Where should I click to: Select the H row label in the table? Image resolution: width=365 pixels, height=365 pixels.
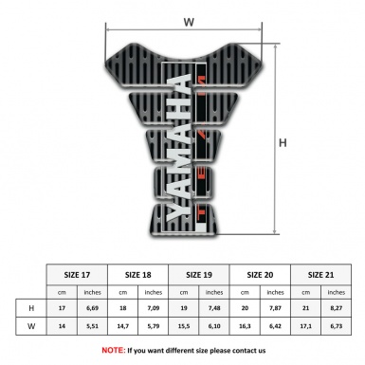click(33, 308)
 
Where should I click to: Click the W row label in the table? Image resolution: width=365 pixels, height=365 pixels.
click(33, 328)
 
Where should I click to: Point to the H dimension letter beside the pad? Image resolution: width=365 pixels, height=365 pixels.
click(283, 143)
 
